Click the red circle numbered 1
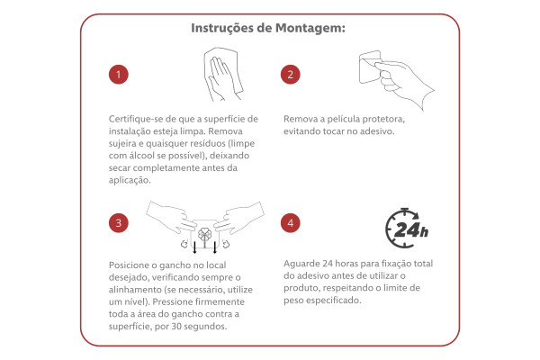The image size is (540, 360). [x=119, y=75]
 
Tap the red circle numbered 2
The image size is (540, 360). [x=291, y=75]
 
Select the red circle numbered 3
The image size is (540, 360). [x=119, y=223]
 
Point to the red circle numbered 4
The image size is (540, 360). [x=291, y=223]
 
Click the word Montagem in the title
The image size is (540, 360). [x=310, y=28]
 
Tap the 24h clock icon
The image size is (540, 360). [x=407, y=228]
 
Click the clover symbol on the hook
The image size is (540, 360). [x=204, y=236]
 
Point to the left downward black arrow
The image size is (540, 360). [x=195, y=247]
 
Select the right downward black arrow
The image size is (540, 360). [x=215, y=247]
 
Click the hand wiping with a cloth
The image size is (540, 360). [x=223, y=74]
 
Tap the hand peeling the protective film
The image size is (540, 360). [x=405, y=83]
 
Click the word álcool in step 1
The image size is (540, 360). [x=142, y=156]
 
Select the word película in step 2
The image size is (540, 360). [x=346, y=120]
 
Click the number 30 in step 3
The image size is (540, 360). [x=176, y=326]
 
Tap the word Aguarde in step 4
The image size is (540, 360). [x=302, y=264]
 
